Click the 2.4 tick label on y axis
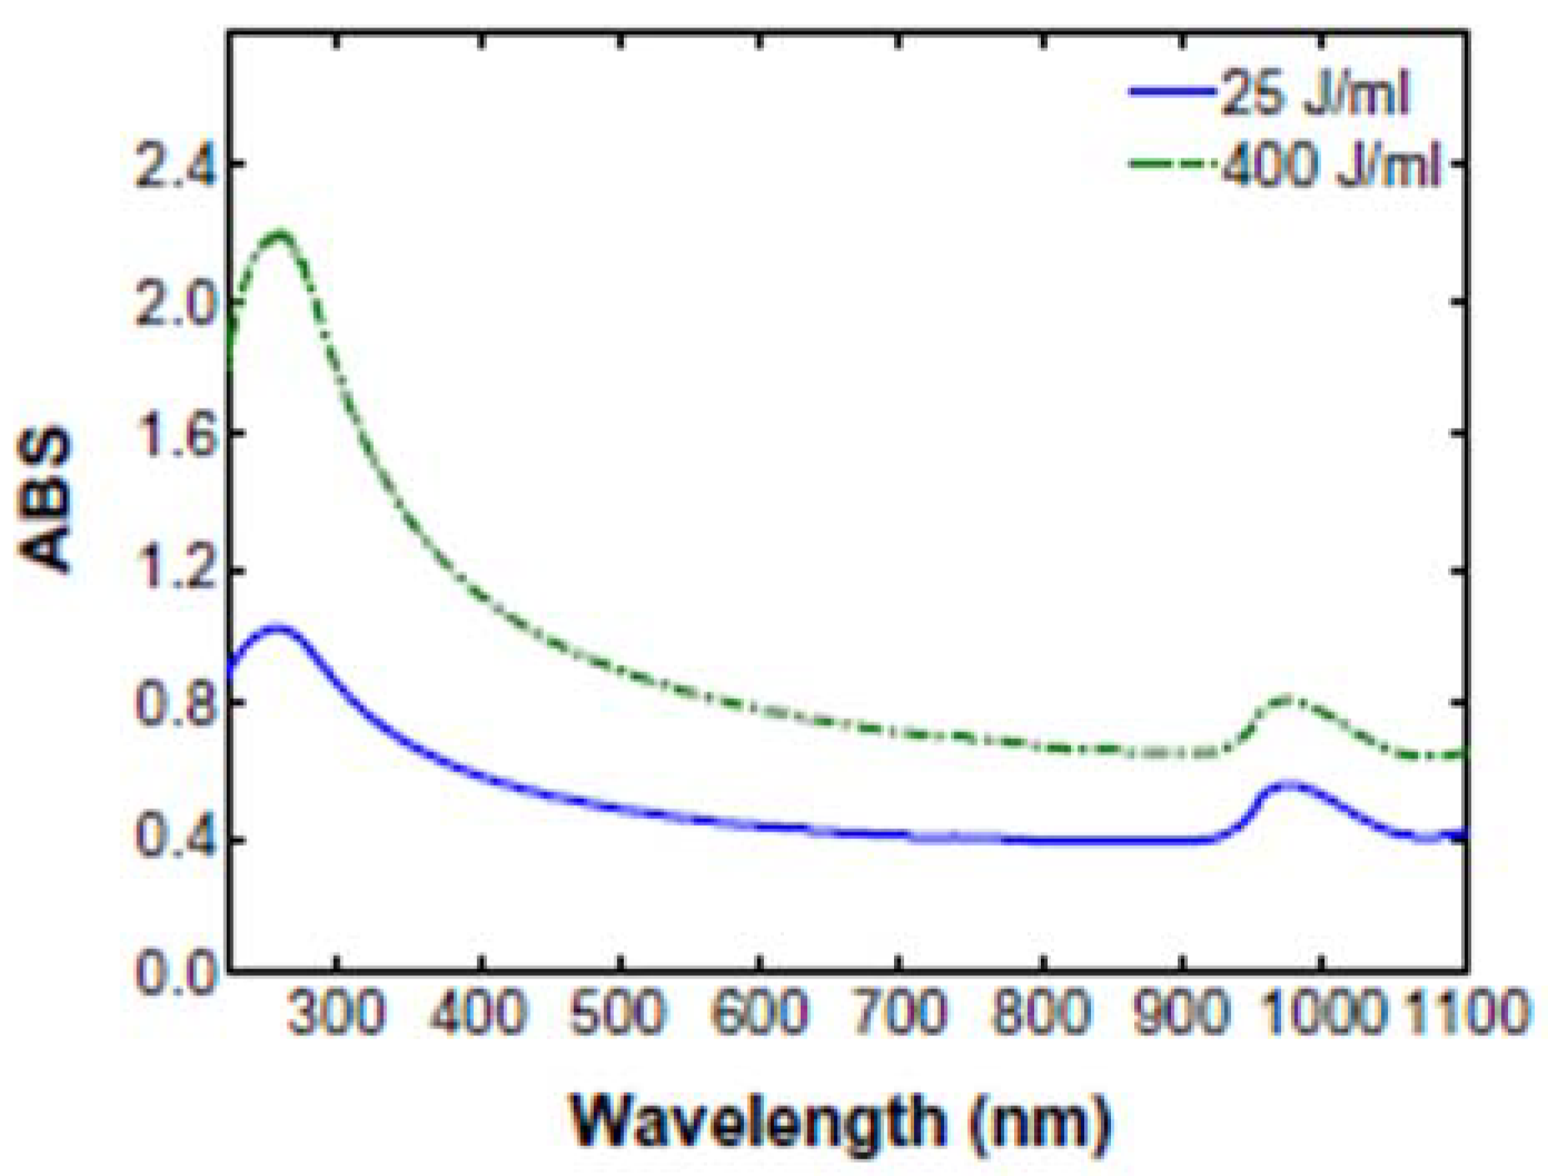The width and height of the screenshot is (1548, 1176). click(x=172, y=164)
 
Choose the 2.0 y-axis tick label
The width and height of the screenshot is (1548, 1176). click(x=172, y=301)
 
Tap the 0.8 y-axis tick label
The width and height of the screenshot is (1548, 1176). click(x=172, y=703)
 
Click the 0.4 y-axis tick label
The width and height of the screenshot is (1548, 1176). click(x=172, y=840)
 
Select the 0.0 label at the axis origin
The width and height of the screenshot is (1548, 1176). click(x=172, y=972)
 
